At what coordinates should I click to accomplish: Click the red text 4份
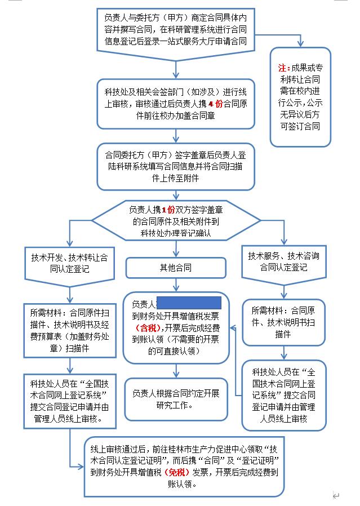click(215, 104)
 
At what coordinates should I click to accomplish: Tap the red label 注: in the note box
click(284, 68)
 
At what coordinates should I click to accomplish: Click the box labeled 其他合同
click(176, 268)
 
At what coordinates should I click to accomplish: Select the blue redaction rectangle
click(188, 302)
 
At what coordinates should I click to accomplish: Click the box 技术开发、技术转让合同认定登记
click(69, 262)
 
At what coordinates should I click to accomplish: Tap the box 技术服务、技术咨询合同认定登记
click(283, 262)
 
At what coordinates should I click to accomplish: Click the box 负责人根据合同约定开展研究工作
click(176, 399)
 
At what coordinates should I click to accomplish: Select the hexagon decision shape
click(176, 220)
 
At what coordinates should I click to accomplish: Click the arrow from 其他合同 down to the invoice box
click(176, 284)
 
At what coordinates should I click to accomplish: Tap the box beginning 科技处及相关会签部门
click(176, 104)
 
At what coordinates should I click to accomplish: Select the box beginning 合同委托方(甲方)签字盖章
click(176, 165)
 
